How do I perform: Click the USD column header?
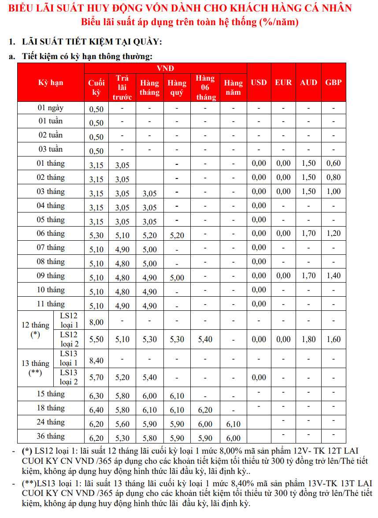(x=259, y=82)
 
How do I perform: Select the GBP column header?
(x=333, y=82)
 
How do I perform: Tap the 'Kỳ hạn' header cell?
(x=51, y=82)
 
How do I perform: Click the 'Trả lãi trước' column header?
(x=122, y=87)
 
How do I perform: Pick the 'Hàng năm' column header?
(x=233, y=87)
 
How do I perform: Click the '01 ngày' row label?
(x=51, y=108)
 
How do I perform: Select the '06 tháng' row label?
(x=51, y=234)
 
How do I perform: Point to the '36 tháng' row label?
(x=51, y=436)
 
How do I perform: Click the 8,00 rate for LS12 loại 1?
(x=96, y=322)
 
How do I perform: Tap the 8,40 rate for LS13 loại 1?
(x=96, y=361)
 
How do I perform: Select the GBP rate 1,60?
(x=334, y=339)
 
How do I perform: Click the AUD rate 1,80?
(x=308, y=339)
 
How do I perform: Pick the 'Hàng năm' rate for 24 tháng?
(x=233, y=424)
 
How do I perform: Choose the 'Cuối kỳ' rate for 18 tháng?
(x=96, y=410)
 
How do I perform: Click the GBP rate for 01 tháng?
(x=334, y=164)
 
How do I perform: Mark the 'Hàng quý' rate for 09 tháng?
(x=177, y=278)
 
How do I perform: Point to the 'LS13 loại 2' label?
(x=69, y=377)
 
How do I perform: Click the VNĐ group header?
(x=165, y=68)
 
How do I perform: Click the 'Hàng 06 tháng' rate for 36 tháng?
(x=205, y=438)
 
